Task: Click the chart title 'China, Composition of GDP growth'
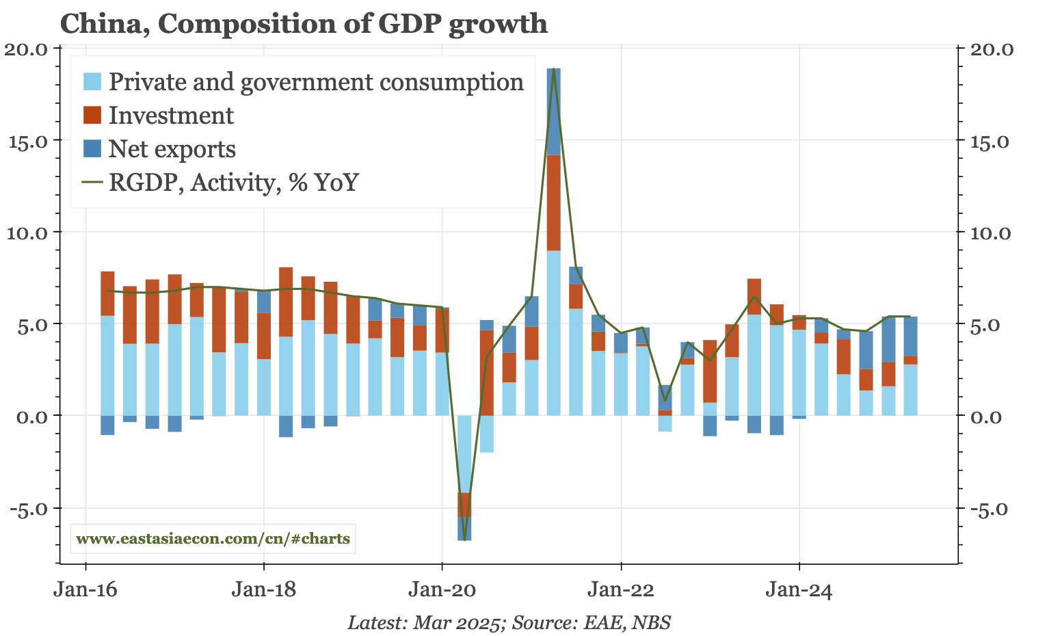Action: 304,24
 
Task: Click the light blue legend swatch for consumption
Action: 92,81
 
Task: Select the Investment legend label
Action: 171,115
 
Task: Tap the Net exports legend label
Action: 172,148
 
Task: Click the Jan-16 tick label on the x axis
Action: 85,589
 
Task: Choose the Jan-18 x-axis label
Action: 263,589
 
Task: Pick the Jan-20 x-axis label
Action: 442,589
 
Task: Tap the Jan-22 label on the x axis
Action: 620,589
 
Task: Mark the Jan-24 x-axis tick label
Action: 799,589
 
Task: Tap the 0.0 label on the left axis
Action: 29,416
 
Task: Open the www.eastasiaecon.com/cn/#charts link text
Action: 213,539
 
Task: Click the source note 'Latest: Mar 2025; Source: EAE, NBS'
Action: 509,623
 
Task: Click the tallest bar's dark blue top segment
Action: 554,111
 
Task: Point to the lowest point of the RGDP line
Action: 464,540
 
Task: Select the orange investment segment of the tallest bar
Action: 554,202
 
